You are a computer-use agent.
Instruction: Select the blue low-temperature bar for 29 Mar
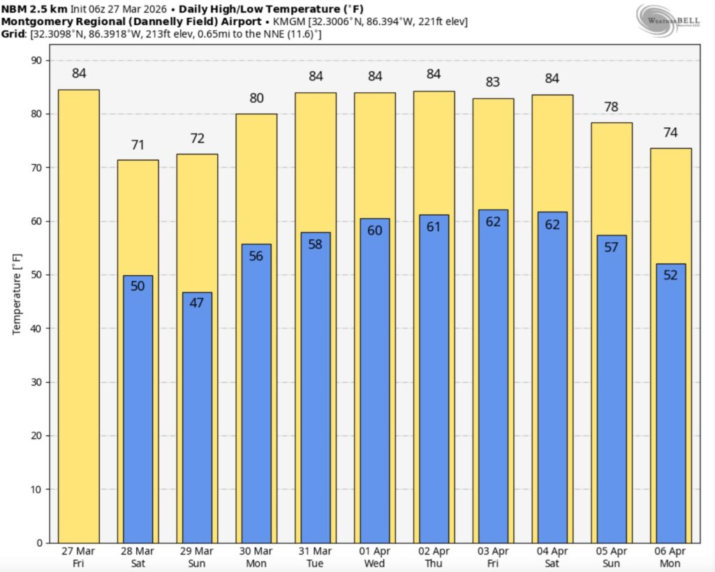point(197,419)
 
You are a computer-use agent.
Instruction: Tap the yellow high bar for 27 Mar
point(78,314)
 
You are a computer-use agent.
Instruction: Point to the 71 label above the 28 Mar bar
point(138,145)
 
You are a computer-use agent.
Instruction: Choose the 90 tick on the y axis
point(35,60)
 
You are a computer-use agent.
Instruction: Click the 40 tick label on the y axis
point(35,328)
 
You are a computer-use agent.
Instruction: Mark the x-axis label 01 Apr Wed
point(375,556)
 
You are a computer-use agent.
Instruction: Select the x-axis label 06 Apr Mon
point(670,556)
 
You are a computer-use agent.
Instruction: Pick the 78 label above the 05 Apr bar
point(612,108)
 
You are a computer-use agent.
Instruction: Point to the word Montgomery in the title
point(34,22)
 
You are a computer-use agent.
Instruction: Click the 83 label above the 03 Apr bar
point(493,82)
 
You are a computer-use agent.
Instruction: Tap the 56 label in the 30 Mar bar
point(256,256)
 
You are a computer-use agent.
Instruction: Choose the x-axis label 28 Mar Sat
point(138,556)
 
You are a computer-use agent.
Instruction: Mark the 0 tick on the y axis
point(38,543)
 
